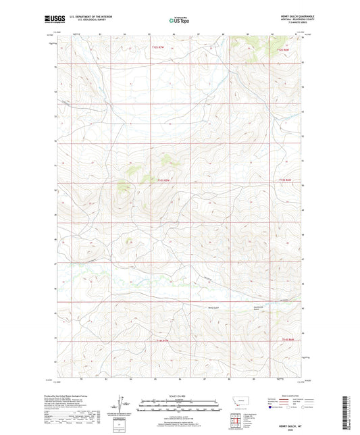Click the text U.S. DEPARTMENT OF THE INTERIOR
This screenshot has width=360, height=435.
[x=88, y=17]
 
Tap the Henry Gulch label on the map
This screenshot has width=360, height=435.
[x=213, y=308]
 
